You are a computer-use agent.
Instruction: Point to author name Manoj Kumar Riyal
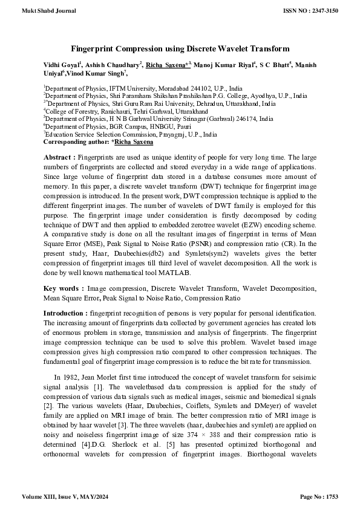pos(223,65)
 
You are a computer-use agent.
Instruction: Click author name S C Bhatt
pos(276,65)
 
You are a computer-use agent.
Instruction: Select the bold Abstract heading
pos(59,156)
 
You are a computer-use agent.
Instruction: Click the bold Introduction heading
pos(65,314)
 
